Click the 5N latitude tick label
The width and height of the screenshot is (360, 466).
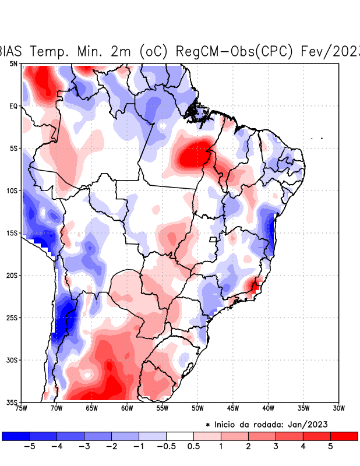pyautogui.click(x=13, y=63)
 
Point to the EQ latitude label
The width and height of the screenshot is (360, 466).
pyautogui.click(x=13, y=106)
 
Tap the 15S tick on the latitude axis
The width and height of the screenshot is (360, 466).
pyautogui.click(x=12, y=233)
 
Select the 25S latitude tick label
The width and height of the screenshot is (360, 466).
pyautogui.click(x=12, y=317)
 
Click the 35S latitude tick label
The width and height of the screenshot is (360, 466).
pyautogui.click(x=12, y=402)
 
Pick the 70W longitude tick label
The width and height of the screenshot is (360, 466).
pyautogui.click(x=56, y=408)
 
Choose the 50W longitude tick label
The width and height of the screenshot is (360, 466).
pyautogui.click(x=197, y=408)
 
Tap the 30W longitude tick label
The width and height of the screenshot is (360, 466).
pyautogui.click(x=338, y=408)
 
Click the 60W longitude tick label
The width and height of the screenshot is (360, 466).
pyautogui.click(x=126, y=408)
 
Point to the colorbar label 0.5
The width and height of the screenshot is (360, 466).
pyautogui.click(x=194, y=446)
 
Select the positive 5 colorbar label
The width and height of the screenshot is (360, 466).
pyautogui.click(x=330, y=446)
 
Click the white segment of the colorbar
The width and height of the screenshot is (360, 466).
pyautogui.click(x=180, y=436)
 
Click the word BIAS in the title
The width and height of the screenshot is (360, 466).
pyautogui.click(x=10, y=51)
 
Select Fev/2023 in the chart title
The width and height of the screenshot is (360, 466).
pyautogui.click(x=329, y=51)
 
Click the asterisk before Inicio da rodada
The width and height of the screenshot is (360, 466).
pyautogui.click(x=208, y=425)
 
